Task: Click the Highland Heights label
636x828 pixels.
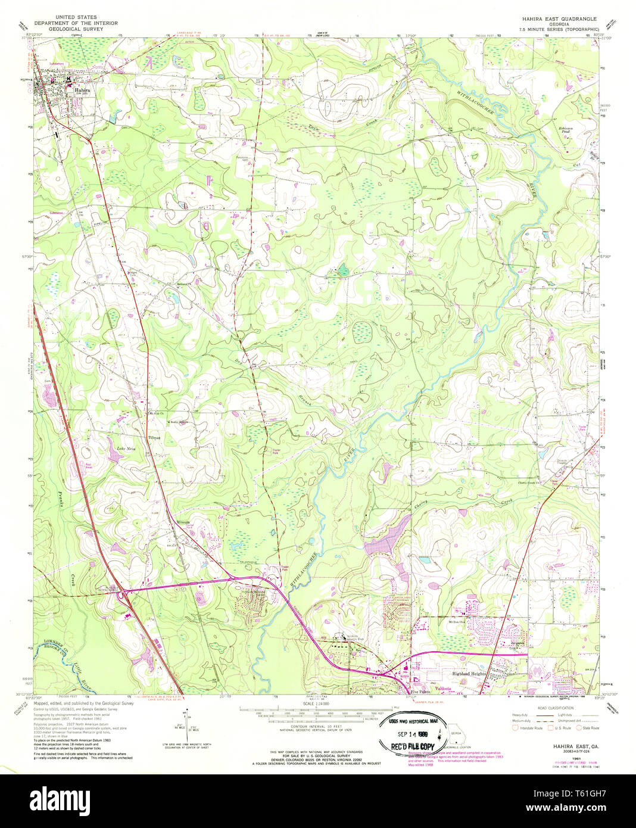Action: click(x=470, y=673)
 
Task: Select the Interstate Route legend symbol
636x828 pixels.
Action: click(x=516, y=728)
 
